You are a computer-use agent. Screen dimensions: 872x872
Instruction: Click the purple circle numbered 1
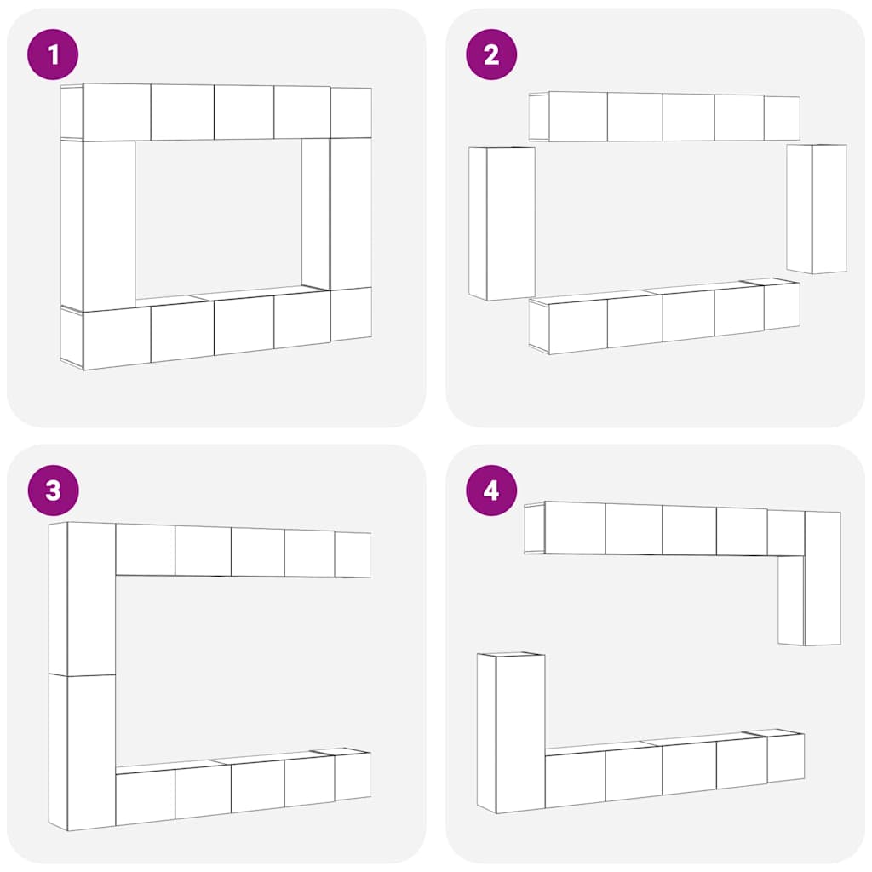tap(53, 54)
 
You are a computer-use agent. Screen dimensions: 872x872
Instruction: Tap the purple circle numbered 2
tap(491, 54)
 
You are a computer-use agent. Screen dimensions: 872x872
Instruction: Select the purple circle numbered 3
tap(53, 490)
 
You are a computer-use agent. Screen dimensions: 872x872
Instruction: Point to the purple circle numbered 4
tap(491, 490)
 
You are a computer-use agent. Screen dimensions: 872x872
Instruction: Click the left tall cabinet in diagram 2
tap(502, 224)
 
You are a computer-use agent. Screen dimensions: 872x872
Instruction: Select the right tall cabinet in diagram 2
tap(817, 209)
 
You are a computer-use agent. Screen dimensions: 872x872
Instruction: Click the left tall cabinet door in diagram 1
tap(109, 225)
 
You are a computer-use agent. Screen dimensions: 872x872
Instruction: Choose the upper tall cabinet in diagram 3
tap(82, 599)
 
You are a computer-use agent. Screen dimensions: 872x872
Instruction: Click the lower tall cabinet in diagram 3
tap(82, 753)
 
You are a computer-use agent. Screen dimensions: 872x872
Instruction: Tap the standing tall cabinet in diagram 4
tap(511, 733)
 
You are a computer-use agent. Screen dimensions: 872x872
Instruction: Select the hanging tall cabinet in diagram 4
tap(809, 578)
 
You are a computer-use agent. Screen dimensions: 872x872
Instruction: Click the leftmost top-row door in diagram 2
tap(578, 117)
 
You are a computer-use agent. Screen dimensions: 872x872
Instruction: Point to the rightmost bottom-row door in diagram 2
tap(782, 306)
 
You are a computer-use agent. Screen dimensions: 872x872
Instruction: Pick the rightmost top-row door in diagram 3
tap(353, 554)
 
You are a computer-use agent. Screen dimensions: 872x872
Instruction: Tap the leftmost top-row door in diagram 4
tap(575, 528)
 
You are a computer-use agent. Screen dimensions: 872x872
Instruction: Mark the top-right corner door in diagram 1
tap(351, 113)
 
